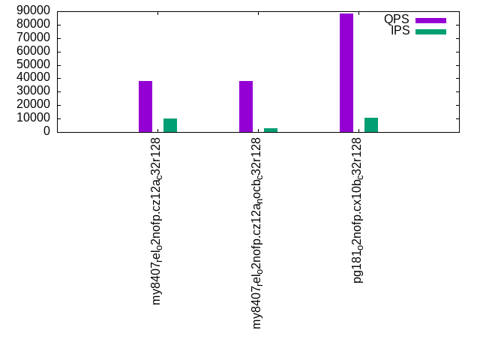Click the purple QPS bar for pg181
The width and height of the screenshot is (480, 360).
tap(346, 73)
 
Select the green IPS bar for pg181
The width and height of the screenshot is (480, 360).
tap(371, 124)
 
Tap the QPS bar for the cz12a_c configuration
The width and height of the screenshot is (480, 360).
tap(145, 106)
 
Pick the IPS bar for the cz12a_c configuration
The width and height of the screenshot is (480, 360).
tap(170, 125)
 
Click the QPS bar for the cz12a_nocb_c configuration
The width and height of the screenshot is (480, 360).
tap(246, 106)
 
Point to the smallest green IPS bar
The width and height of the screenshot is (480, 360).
tap(271, 130)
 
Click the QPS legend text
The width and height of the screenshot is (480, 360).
tap(396, 19)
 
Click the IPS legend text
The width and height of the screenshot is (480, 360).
tap(400, 31)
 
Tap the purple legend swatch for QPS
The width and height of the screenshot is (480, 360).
tap(430, 20)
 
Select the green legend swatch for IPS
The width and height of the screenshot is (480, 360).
tap(430, 31)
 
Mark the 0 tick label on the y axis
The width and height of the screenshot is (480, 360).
tap(46, 131)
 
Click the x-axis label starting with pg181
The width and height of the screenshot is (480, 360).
tap(358, 210)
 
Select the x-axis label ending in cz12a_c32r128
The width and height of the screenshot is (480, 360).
tap(157, 221)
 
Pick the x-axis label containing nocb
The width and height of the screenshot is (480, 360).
tap(258, 233)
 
